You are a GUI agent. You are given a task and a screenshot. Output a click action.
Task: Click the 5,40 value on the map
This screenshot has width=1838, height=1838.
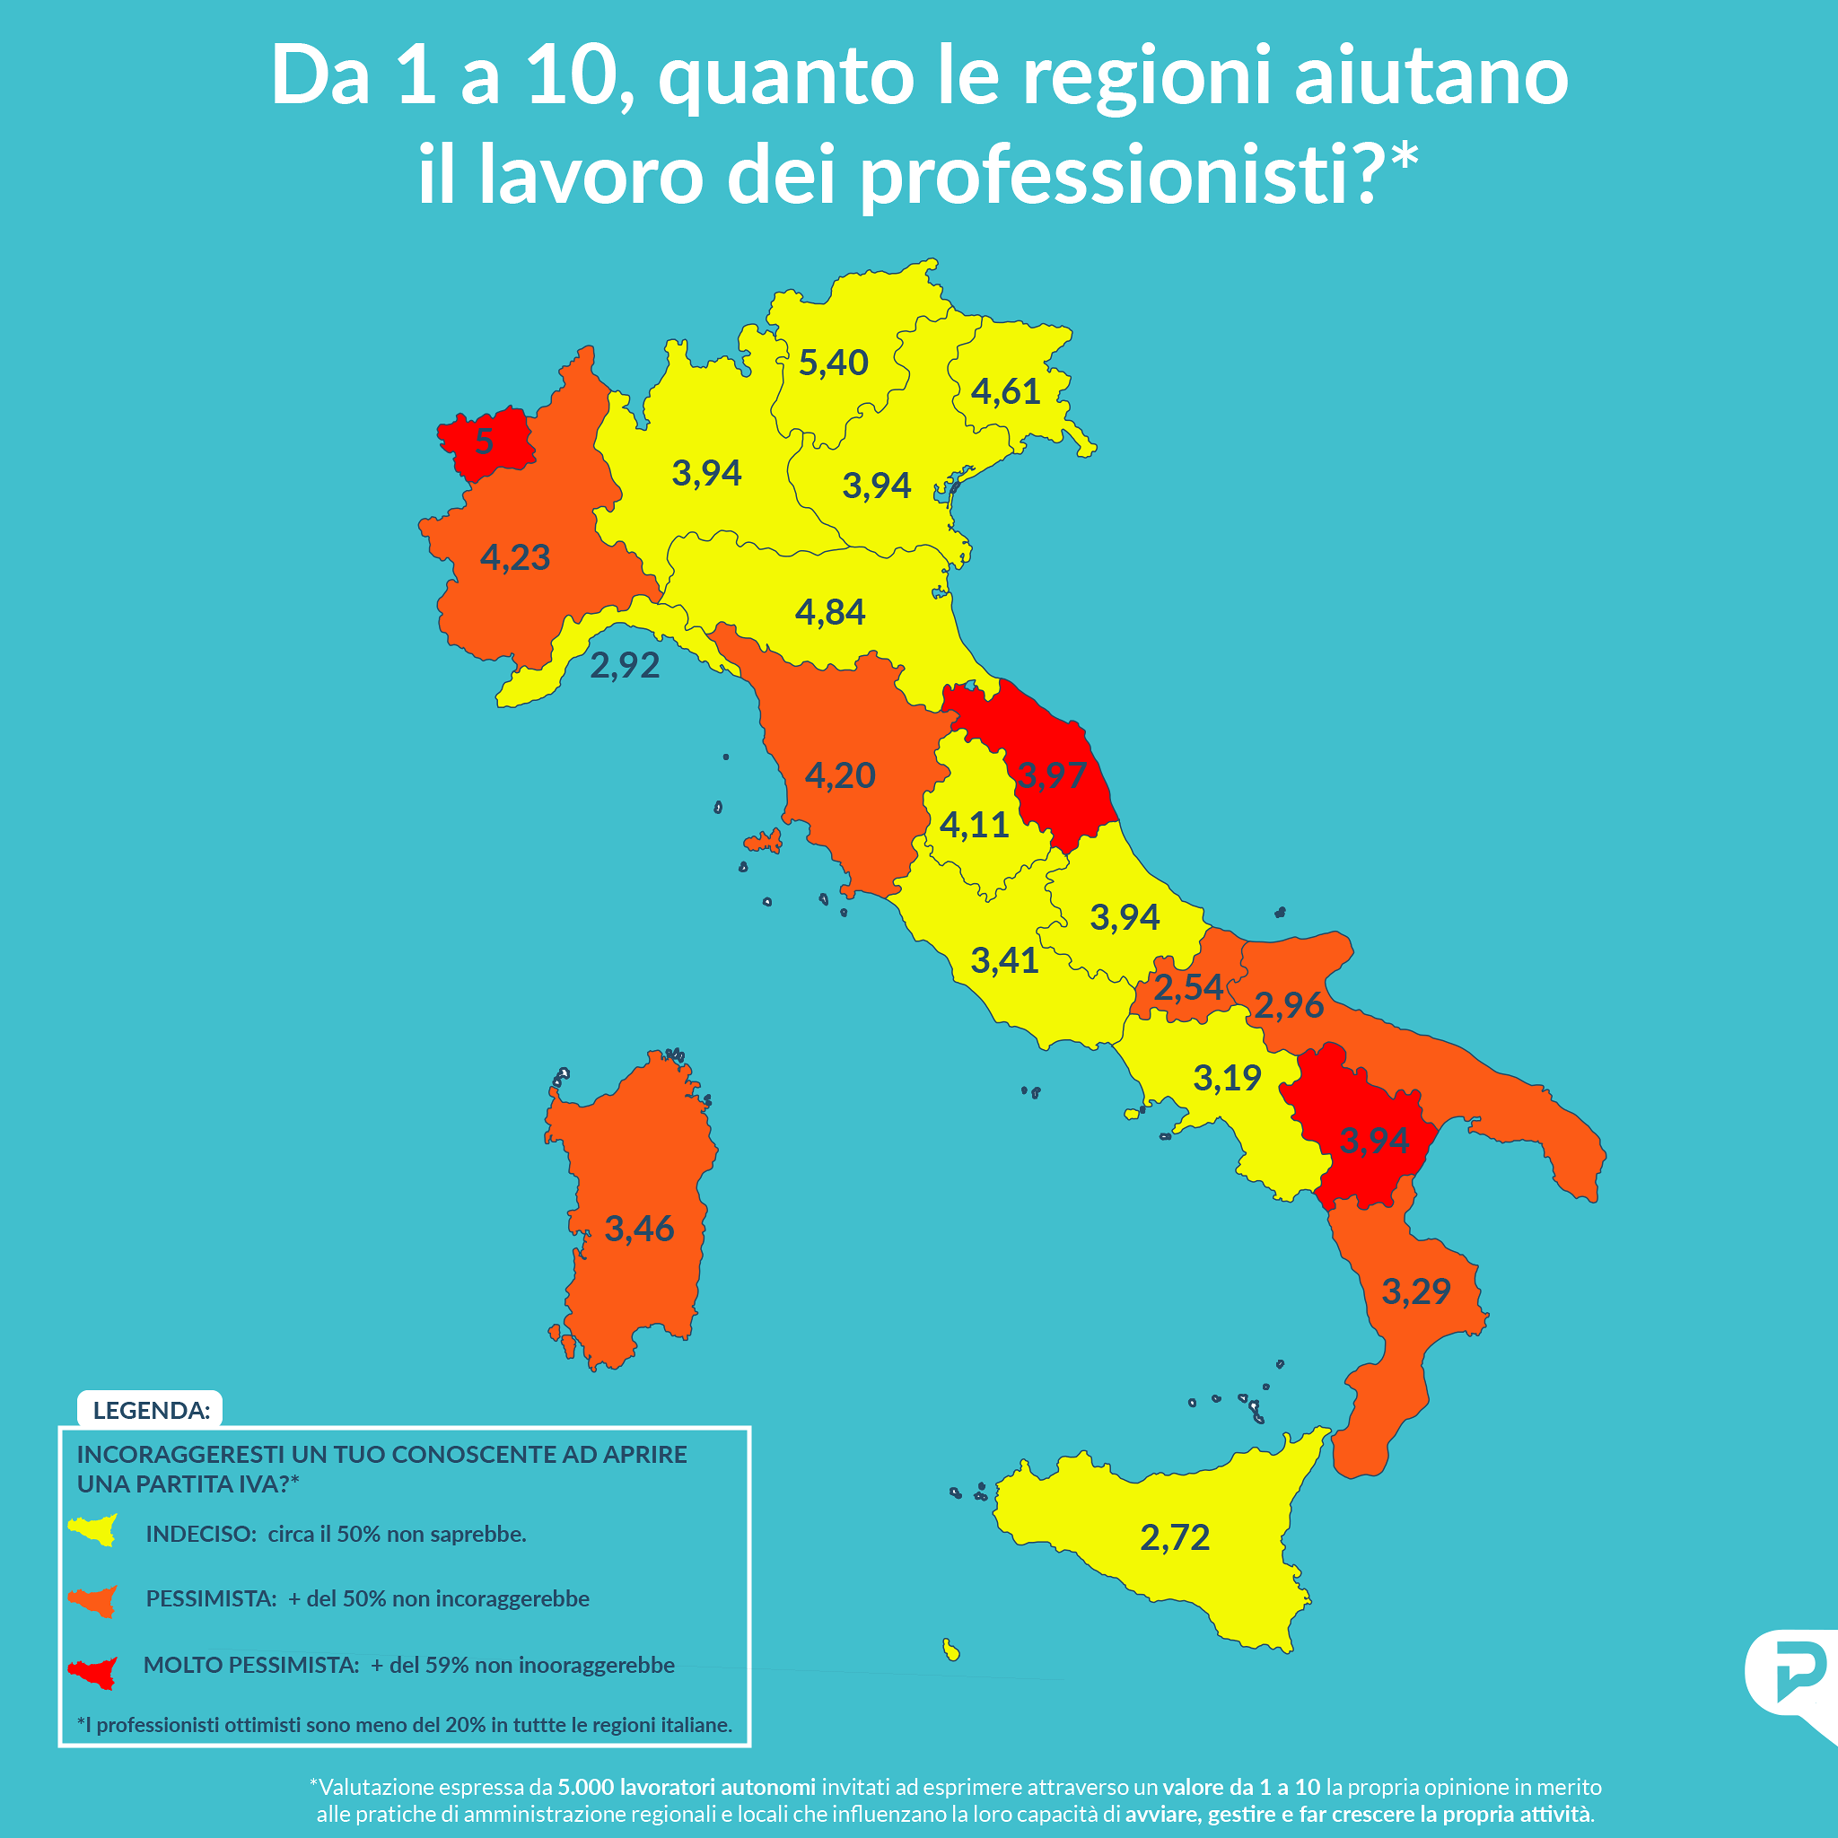click(833, 363)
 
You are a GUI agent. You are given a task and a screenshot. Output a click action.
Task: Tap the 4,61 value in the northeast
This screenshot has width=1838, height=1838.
click(1005, 391)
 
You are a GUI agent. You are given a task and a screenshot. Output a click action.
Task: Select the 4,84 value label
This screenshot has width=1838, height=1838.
click(829, 612)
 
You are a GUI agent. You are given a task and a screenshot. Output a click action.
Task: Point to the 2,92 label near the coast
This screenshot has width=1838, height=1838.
click(624, 665)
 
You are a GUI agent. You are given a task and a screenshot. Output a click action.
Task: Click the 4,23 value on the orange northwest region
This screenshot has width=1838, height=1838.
click(514, 557)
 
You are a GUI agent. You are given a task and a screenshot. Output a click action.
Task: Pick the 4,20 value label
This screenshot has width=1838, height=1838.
click(839, 775)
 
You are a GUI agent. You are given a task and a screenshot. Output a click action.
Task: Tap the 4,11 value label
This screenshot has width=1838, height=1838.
click(973, 824)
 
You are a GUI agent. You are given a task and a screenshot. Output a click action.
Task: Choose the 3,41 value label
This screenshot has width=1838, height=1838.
click(1003, 960)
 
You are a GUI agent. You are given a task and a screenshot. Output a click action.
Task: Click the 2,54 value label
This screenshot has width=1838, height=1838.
click(1188, 986)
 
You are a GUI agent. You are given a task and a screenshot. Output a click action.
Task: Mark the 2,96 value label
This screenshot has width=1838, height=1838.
click(1288, 1004)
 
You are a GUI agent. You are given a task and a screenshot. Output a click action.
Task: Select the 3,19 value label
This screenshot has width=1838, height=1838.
click(1226, 1078)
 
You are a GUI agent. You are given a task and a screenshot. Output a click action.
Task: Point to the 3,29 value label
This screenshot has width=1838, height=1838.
click(1415, 1291)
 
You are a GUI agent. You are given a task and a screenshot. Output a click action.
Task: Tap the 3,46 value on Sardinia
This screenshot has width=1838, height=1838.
click(639, 1229)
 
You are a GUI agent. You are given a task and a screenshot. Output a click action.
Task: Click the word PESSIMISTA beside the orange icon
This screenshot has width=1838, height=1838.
click(210, 1598)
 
